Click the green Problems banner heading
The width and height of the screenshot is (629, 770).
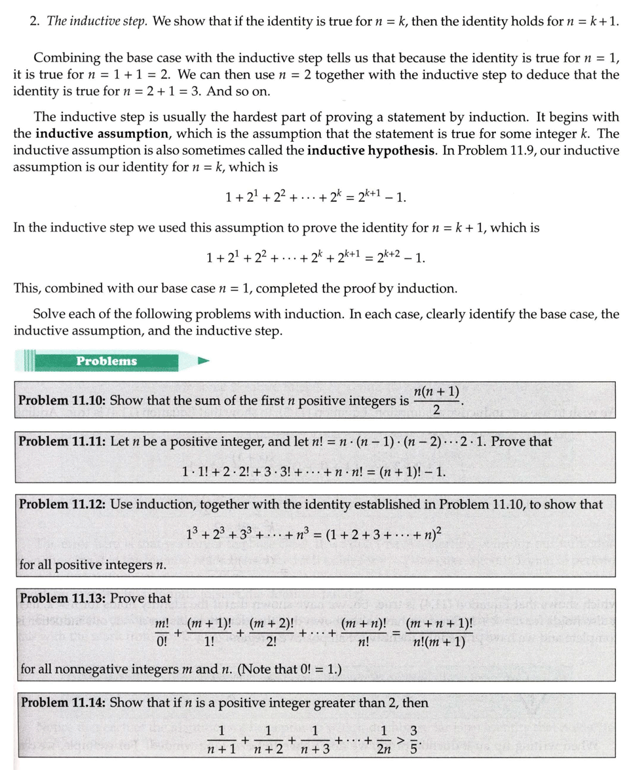[x=106, y=361]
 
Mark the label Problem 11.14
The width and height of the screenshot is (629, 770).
[x=64, y=702]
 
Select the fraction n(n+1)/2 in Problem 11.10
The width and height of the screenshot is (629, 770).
[x=436, y=400]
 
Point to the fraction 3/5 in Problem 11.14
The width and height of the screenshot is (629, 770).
[x=413, y=739]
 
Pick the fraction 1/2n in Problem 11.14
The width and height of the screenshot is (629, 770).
[x=385, y=739]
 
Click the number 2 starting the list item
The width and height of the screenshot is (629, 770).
[x=33, y=20]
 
